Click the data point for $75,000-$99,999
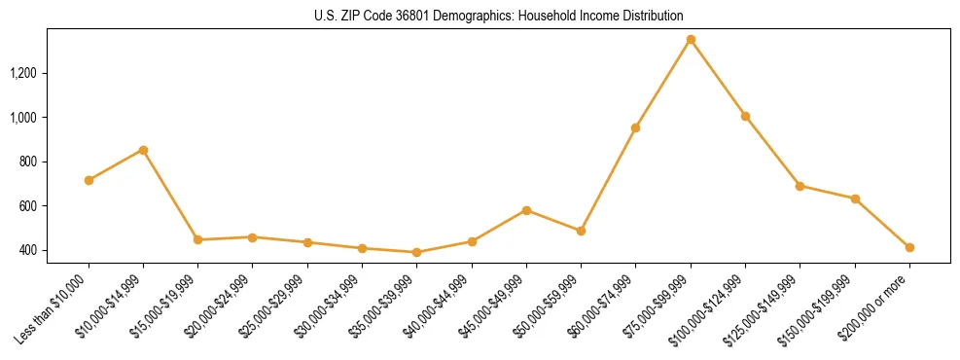691,40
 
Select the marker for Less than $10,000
89,180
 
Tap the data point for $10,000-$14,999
143,150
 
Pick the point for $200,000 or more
909,247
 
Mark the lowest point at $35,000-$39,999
417,252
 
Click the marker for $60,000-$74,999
635,127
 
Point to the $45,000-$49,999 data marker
526,210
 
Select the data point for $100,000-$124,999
745,116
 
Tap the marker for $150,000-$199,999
855,198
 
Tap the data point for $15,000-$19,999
197,239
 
